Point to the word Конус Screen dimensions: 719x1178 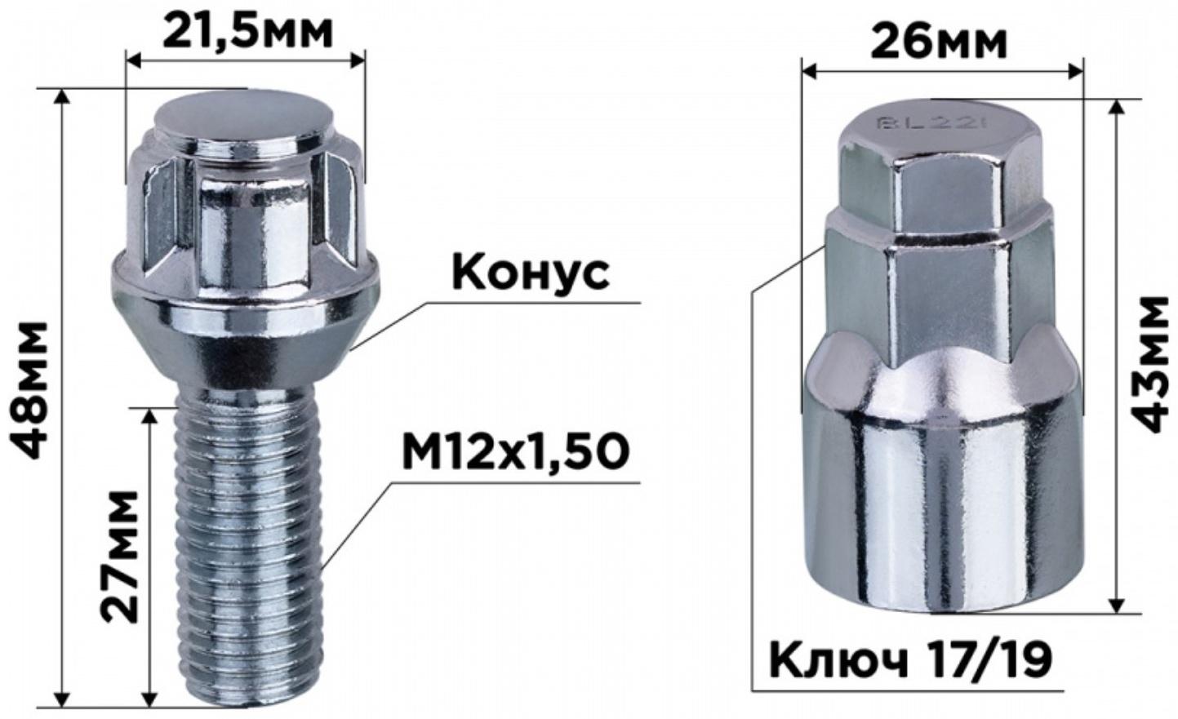tap(530, 272)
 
